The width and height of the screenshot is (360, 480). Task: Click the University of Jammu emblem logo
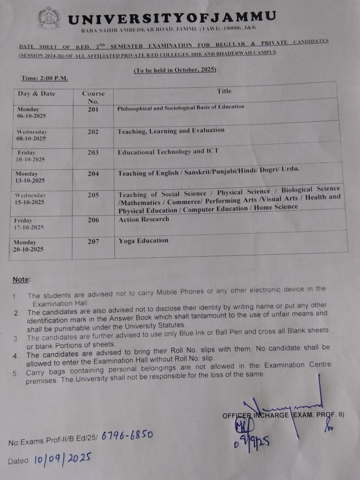pos(48,18)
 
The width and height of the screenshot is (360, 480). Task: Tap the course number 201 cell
pos(93,109)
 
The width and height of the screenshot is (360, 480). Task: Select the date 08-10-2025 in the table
pos(31,138)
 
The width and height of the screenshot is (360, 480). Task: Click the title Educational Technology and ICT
pos(168,152)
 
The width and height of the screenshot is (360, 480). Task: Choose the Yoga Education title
pos(144,240)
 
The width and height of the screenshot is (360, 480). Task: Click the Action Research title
pos(144,219)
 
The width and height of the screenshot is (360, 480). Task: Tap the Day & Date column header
pos(36,94)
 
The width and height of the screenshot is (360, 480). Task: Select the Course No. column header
pos(93,97)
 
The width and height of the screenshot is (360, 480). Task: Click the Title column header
pos(224,91)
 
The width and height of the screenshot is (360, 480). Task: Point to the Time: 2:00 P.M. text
pos(44,78)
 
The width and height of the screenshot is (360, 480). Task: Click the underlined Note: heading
pos(21,280)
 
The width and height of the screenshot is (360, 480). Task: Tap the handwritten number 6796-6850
pos(127,435)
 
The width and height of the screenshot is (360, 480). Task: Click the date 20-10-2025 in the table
pos(29,249)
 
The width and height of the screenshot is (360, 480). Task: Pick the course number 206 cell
pos(93,220)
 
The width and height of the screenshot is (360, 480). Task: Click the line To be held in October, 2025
pos(175,70)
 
